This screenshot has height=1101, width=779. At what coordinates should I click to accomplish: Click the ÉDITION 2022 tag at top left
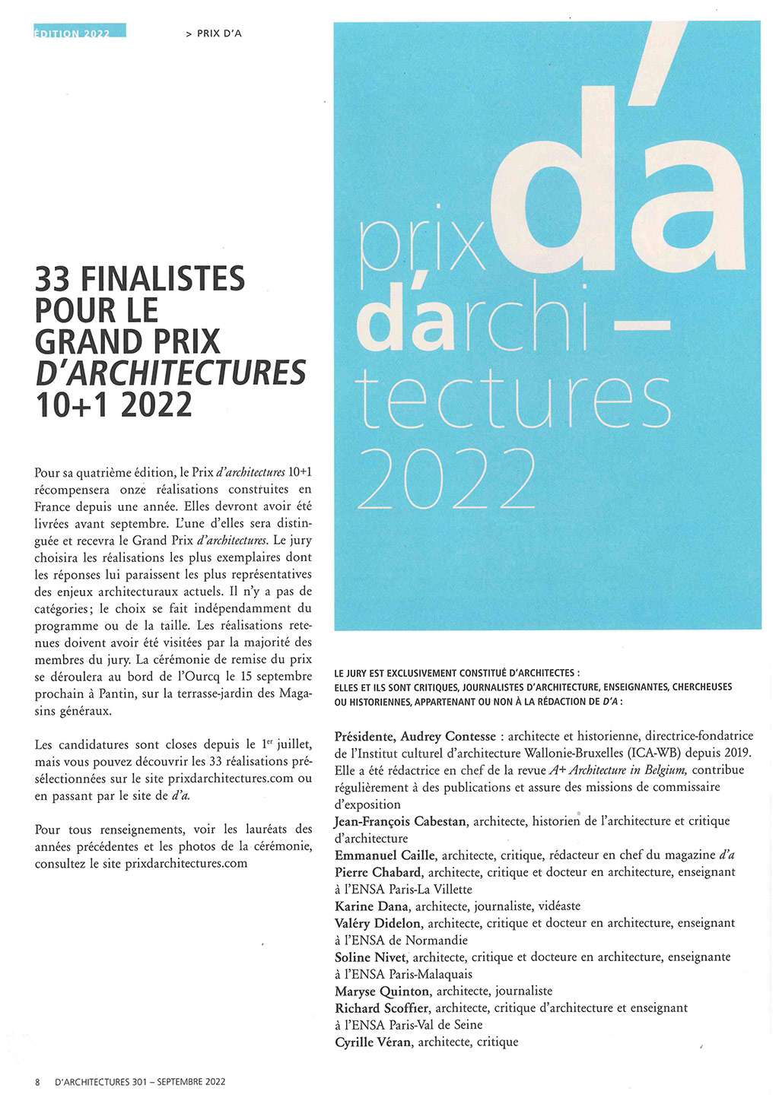(x=79, y=32)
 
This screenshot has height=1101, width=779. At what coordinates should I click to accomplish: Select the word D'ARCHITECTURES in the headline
(x=170, y=373)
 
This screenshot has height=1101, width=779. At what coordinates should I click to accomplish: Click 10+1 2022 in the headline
(x=113, y=405)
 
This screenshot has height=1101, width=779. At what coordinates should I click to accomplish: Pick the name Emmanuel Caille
(x=385, y=855)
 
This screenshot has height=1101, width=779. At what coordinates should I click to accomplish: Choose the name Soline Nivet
(x=371, y=957)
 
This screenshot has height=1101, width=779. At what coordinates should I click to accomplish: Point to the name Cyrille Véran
(x=374, y=1042)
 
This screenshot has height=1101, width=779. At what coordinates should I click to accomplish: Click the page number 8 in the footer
(x=37, y=1081)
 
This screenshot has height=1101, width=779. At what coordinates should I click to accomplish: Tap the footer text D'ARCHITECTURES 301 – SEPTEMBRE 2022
(x=140, y=1081)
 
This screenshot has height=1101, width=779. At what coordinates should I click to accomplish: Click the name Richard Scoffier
(x=382, y=1008)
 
